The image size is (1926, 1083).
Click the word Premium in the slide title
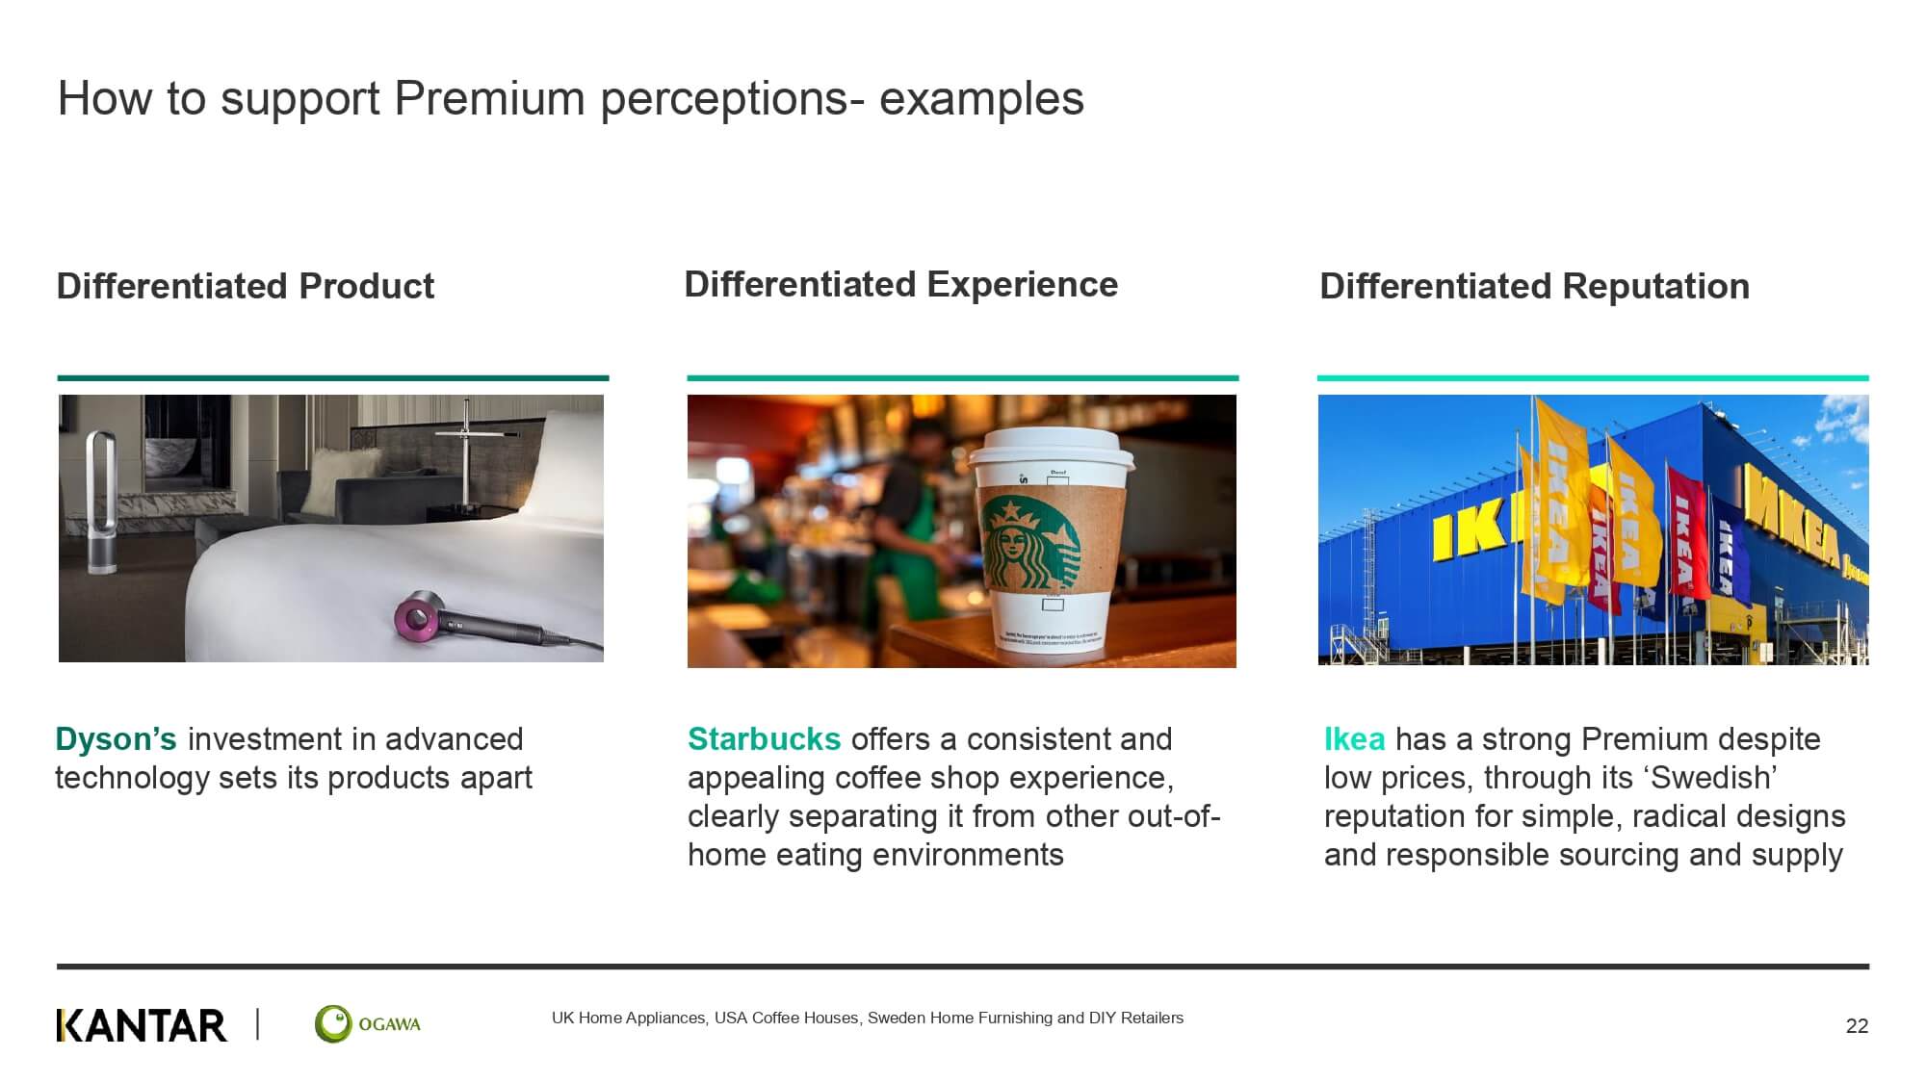(489, 98)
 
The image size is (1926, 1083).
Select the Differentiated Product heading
(246, 286)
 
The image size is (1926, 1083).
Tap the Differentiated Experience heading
(900, 284)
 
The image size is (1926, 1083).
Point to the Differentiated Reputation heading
(1534, 286)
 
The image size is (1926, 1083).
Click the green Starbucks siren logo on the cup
(1029, 544)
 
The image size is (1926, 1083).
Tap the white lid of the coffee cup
(1052, 452)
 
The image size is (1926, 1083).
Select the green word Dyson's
(116, 739)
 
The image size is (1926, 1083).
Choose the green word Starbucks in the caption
(765, 739)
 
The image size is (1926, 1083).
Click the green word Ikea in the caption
(1354, 739)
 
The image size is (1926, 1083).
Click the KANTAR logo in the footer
(142, 1025)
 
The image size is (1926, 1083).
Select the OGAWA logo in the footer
(368, 1024)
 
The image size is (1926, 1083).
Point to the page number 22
(1857, 1026)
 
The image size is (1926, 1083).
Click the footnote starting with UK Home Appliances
(868, 1019)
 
